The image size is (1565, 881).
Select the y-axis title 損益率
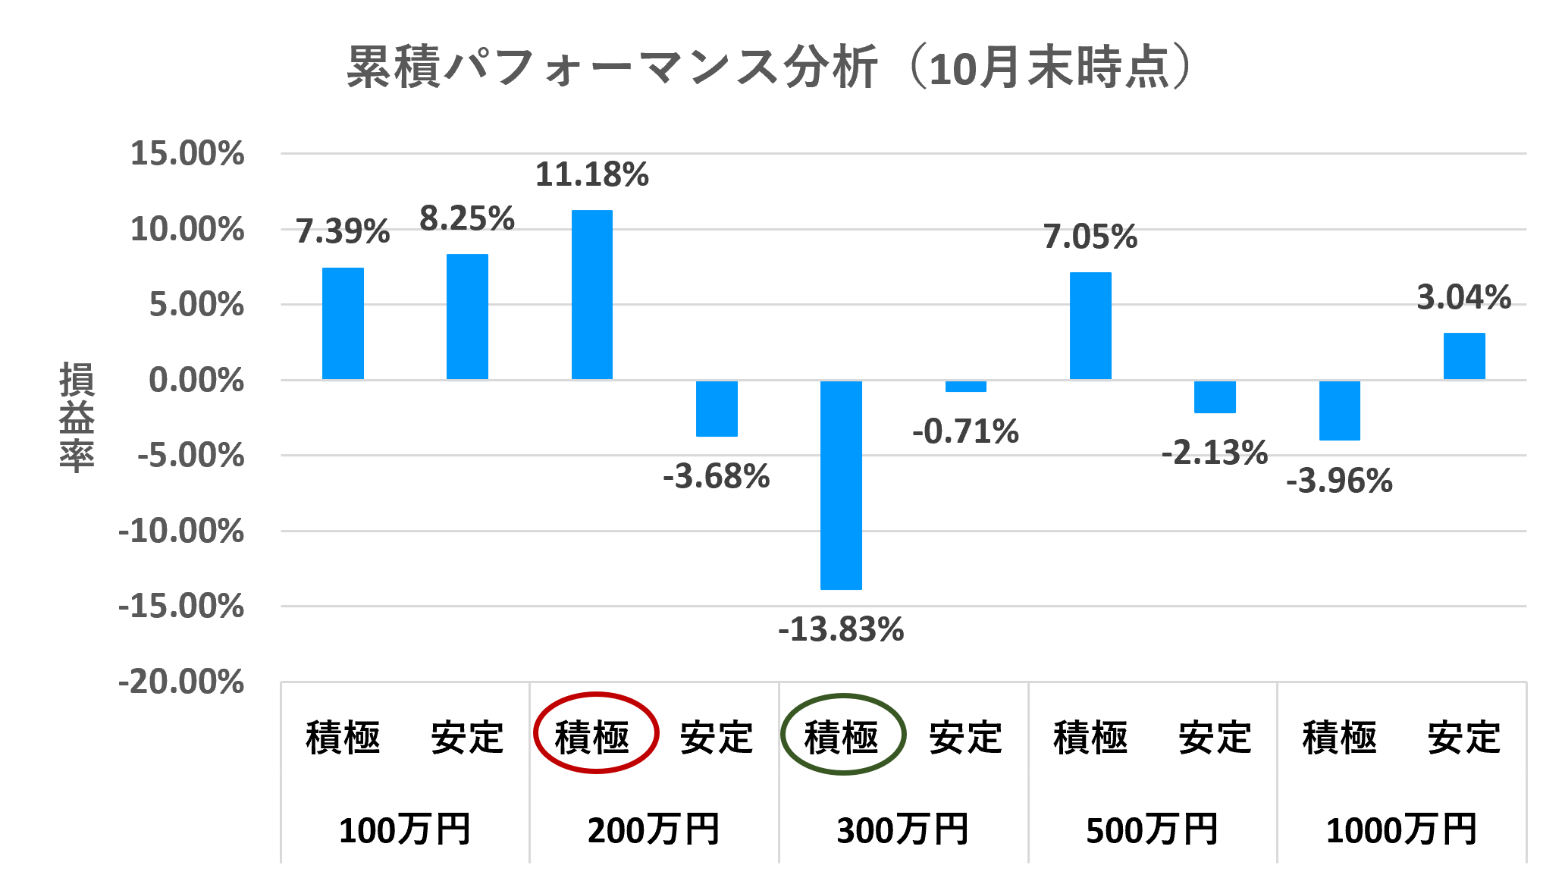pyautogui.click(x=77, y=417)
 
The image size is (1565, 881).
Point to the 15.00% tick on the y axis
pyautogui.click(x=187, y=154)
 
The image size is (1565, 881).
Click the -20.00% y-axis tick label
pyautogui.click(x=181, y=682)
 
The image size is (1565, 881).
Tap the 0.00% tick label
pyautogui.click(x=196, y=380)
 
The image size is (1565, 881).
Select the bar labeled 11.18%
pyautogui.click(x=592, y=295)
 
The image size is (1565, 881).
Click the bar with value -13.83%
pyautogui.click(x=841, y=485)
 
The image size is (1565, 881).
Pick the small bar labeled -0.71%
pyautogui.click(x=965, y=387)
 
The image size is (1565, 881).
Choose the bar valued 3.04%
pyautogui.click(x=1464, y=356)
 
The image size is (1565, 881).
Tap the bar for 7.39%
pyautogui.click(x=343, y=324)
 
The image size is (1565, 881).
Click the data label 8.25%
pyautogui.click(x=467, y=219)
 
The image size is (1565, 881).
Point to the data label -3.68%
pyautogui.click(x=717, y=477)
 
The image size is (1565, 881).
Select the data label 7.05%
pyautogui.click(x=1090, y=237)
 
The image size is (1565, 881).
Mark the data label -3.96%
pyautogui.click(x=1340, y=481)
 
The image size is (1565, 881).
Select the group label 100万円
pyautogui.click(x=404, y=830)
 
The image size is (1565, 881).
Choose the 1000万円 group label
pyautogui.click(x=1401, y=830)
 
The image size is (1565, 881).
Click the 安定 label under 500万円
pyautogui.click(x=1215, y=737)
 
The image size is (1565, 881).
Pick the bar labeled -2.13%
pyautogui.click(x=1215, y=397)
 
